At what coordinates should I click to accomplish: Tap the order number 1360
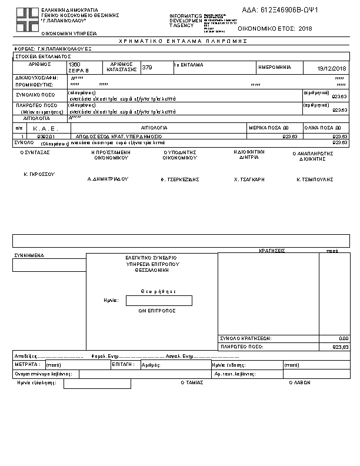(75, 64)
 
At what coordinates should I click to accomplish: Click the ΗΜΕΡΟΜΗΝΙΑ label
(275, 67)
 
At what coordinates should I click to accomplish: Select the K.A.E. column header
(44, 128)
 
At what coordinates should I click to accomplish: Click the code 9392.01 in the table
(45, 136)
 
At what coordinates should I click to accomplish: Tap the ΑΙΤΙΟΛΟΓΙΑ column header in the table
(155, 127)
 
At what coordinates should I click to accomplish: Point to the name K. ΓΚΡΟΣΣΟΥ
(39, 175)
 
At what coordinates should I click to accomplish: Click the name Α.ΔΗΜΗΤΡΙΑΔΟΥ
(108, 178)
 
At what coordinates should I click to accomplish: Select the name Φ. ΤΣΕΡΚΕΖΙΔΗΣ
(180, 178)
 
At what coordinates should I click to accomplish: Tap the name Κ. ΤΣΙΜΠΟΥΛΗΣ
(315, 178)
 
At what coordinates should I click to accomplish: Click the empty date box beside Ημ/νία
(159, 301)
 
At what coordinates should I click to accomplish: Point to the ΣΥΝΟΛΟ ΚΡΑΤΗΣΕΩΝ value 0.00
(344, 338)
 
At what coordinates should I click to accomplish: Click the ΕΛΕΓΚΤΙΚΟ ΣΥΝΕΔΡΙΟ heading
(151, 258)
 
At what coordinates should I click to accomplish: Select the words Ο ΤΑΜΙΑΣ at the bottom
(192, 382)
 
